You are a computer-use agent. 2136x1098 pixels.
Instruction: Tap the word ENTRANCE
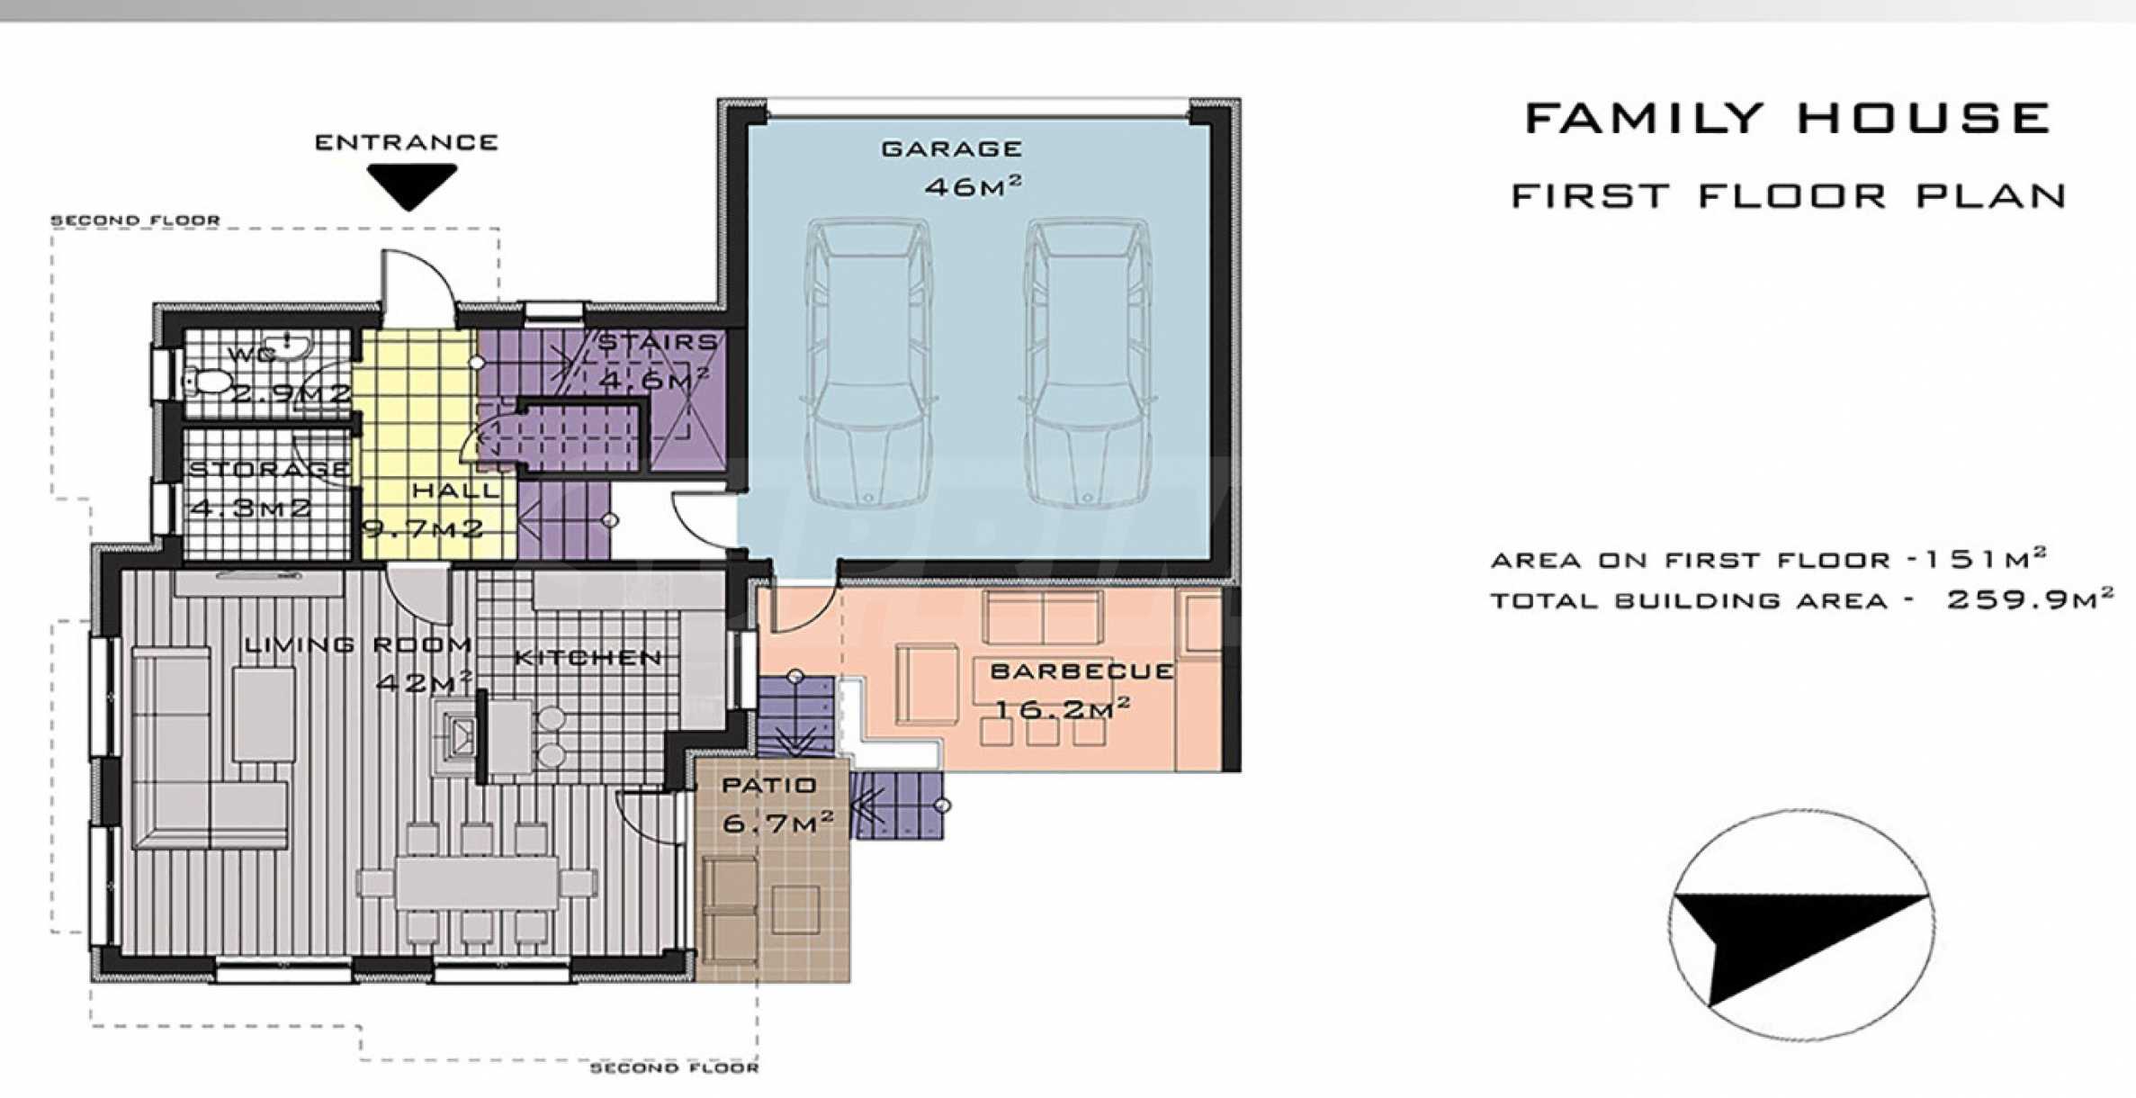click(x=407, y=142)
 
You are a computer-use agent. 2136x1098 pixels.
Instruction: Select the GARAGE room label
click(x=952, y=148)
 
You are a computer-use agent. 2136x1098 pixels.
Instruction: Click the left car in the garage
click(x=867, y=362)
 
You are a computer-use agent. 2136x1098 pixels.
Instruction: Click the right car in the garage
click(x=1087, y=362)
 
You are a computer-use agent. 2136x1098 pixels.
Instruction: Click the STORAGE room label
click(x=269, y=469)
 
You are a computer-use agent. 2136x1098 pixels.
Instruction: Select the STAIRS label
click(x=658, y=342)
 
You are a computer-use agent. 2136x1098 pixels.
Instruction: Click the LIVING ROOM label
click(x=358, y=644)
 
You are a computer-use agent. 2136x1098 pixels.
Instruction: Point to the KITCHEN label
click(x=588, y=658)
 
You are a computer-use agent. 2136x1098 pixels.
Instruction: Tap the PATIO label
click(x=769, y=785)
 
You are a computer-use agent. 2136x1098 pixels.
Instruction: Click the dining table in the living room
click(x=477, y=882)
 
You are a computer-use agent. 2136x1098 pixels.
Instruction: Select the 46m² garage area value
click(x=974, y=186)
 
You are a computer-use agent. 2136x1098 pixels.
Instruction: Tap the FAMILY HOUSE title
click(x=1788, y=119)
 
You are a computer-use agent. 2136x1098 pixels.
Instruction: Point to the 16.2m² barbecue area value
click(x=1061, y=708)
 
